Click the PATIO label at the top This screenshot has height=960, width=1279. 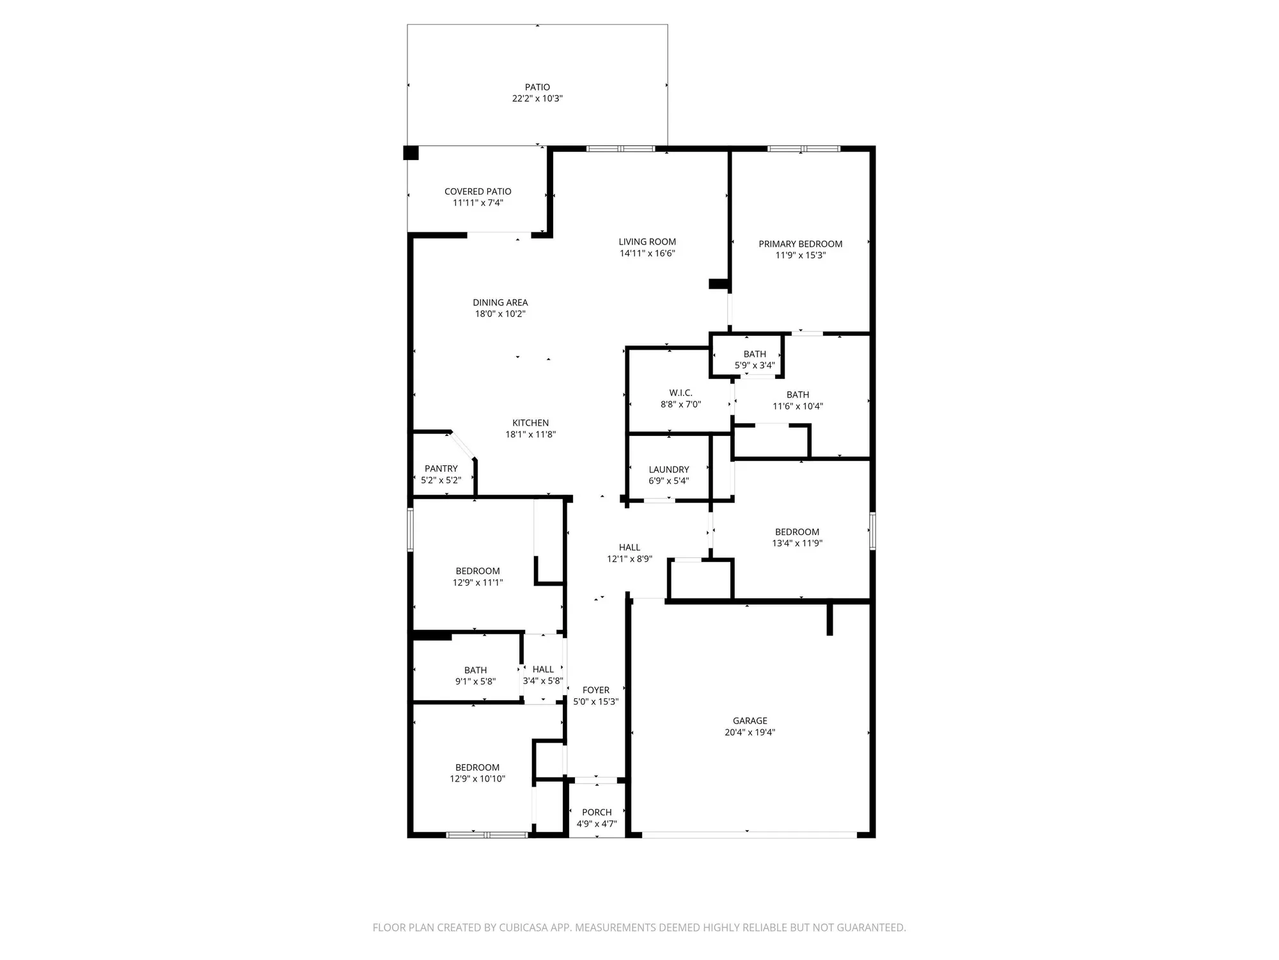537,87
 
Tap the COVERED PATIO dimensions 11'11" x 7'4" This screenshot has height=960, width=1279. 478,203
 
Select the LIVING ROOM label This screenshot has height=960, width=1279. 647,242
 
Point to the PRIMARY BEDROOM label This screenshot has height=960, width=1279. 800,244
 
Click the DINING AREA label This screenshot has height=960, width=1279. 500,303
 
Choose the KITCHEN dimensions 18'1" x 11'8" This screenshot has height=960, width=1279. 530,435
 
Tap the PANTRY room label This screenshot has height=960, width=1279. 441,468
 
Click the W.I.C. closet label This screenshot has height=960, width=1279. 680,393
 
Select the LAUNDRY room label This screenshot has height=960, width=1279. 668,470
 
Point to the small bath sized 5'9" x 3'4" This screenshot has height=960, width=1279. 755,360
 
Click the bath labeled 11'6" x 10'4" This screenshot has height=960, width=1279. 797,401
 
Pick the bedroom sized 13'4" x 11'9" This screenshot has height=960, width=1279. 797,538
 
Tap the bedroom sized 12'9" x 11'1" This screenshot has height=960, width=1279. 478,577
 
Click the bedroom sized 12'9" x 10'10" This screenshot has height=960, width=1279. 477,773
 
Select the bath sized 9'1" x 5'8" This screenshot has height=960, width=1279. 475,676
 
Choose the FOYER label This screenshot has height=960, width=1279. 595,690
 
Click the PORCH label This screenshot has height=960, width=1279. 597,812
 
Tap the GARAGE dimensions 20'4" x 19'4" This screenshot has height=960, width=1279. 749,732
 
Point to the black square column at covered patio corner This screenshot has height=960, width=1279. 411,153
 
